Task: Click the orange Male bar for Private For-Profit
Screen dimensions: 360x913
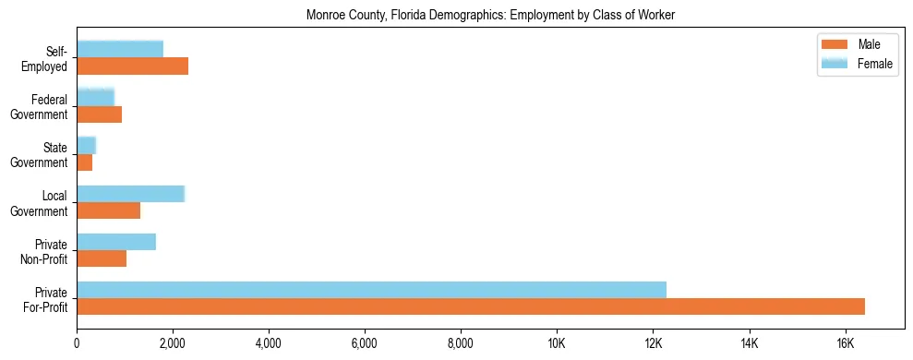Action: pyautogui.click(x=471, y=306)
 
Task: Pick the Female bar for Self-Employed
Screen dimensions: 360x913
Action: pyautogui.click(x=120, y=49)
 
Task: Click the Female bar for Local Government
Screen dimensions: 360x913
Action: pyautogui.click(x=130, y=194)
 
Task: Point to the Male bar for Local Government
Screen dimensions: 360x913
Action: pyautogui.click(x=108, y=210)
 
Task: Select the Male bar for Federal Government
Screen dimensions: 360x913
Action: pyautogui.click(x=99, y=114)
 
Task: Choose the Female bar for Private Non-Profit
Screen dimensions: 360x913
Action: pyautogui.click(x=116, y=242)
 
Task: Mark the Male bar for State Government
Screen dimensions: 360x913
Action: pyautogui.click(x=84, y=162)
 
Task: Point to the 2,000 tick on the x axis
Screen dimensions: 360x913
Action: pyautogui.click(x=173, y=343)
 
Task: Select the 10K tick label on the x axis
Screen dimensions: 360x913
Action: pyautogui.click(x=557, y=343)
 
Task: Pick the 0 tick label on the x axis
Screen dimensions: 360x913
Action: pyautogui.click(x=77, y=343)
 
